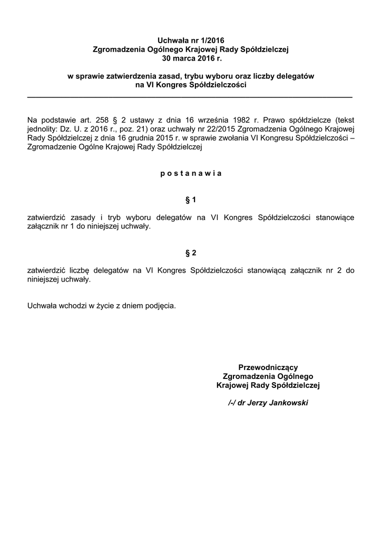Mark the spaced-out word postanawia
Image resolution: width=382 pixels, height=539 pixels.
191,173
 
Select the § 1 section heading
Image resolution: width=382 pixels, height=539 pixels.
191,199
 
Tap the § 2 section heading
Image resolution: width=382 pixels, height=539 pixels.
191,253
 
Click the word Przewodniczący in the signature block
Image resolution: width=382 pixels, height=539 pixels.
268,367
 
